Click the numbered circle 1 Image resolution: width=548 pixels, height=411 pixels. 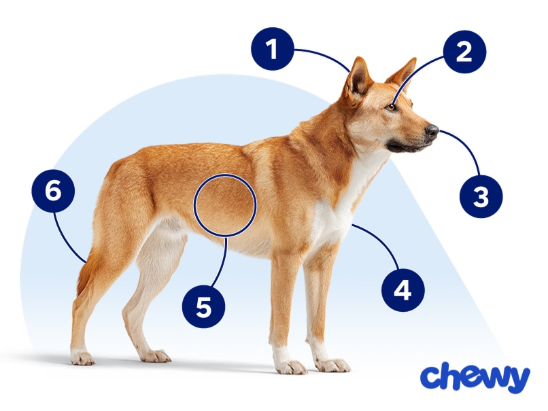272,50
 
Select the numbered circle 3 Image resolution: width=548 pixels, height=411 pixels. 481,197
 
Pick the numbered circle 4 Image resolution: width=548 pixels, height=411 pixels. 403,290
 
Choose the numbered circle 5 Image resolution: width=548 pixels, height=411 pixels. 203,307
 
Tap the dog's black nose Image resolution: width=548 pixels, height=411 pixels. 432,129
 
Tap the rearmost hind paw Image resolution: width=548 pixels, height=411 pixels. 82,357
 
